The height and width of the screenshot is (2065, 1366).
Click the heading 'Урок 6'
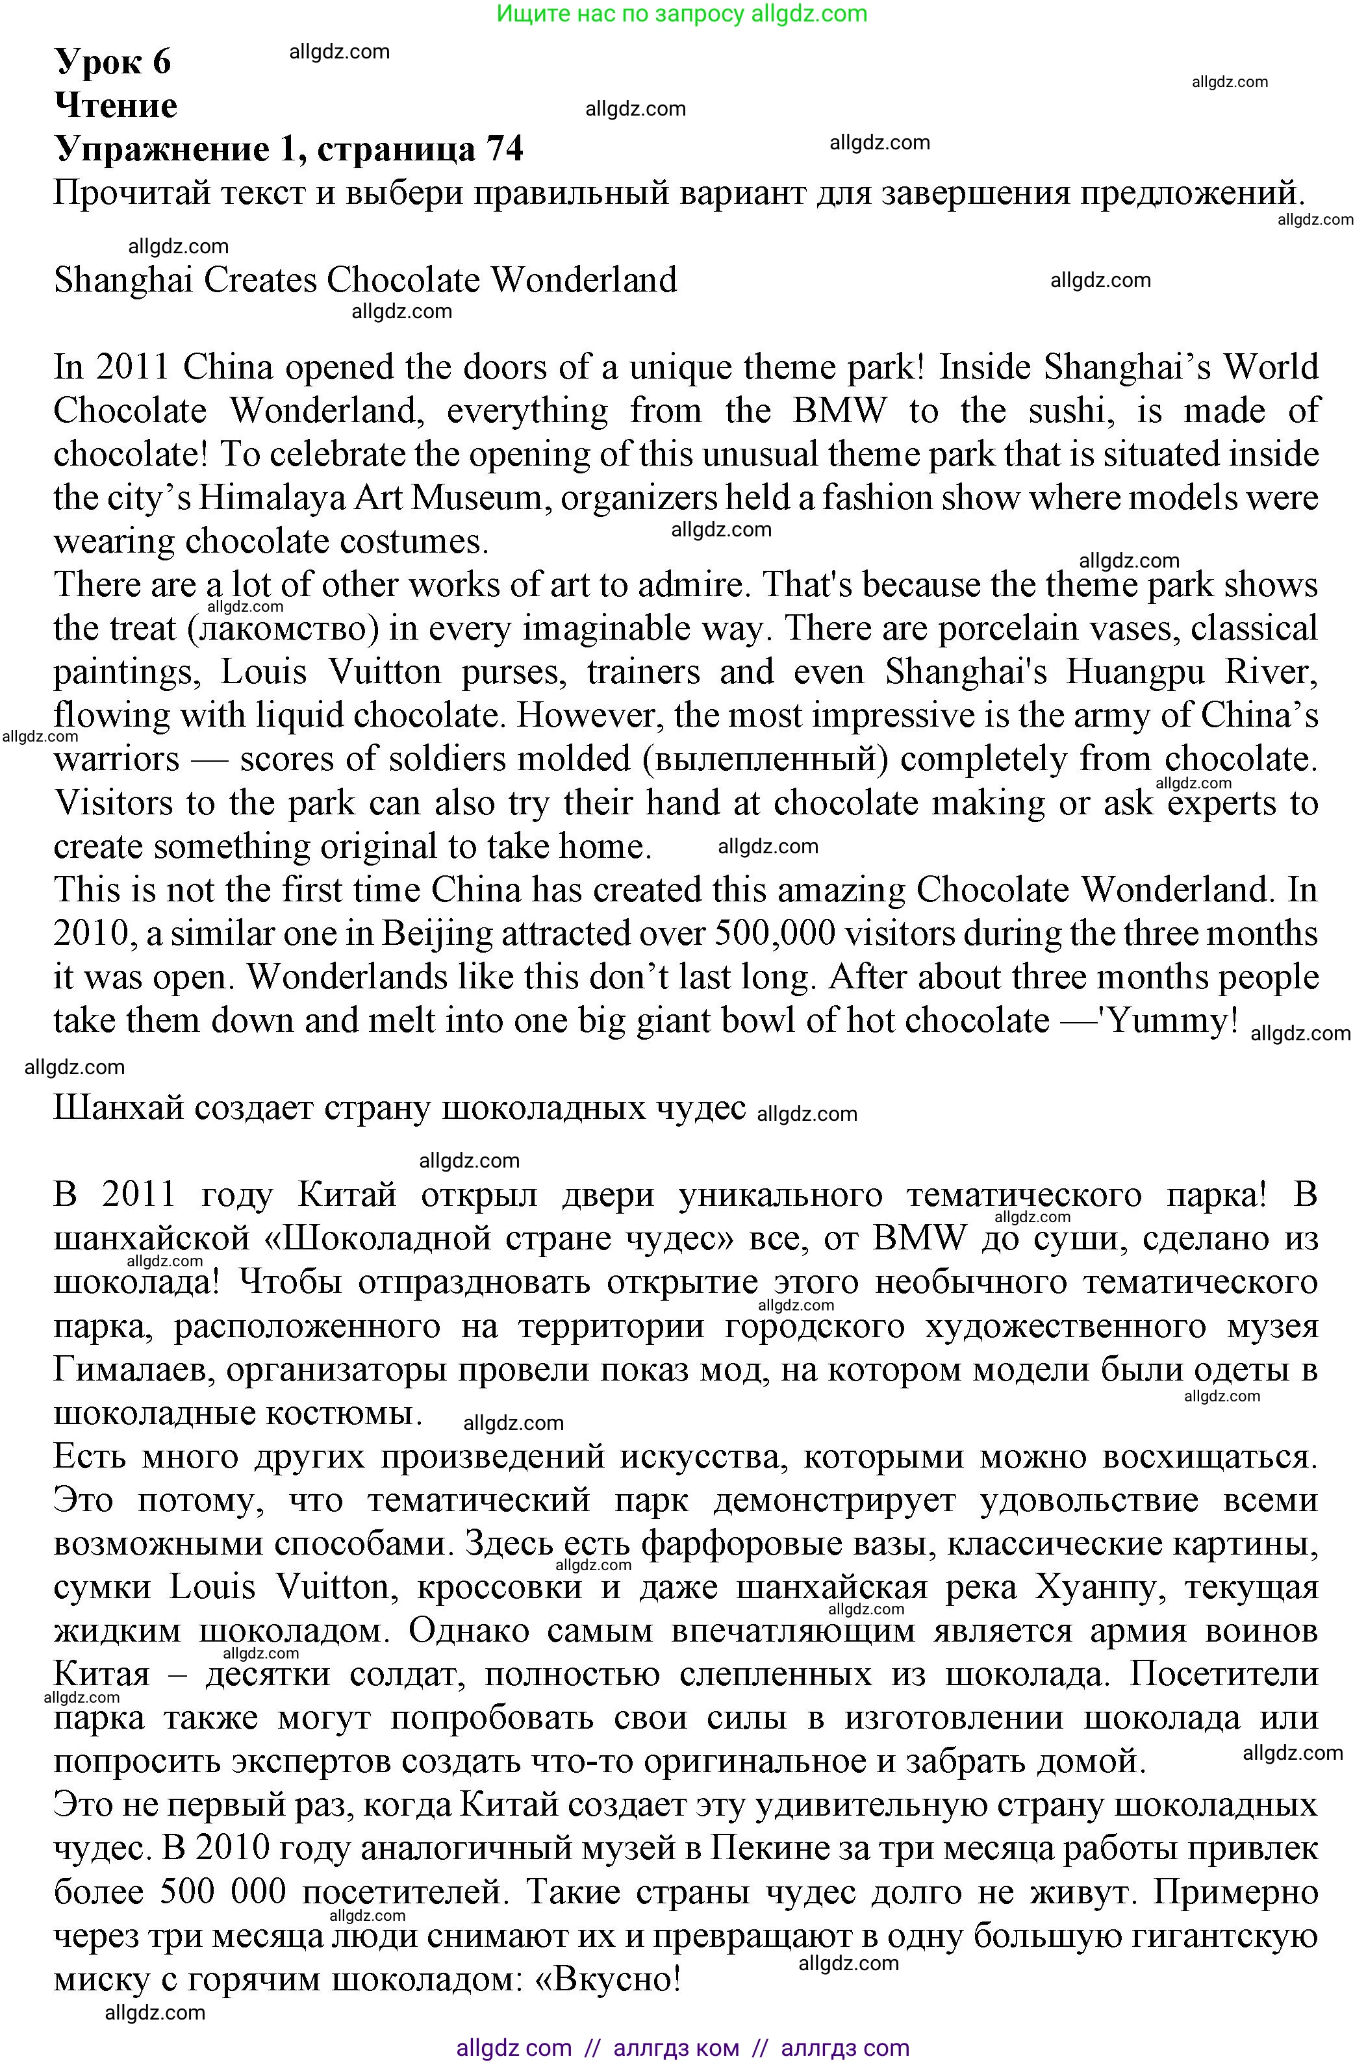(113, 62)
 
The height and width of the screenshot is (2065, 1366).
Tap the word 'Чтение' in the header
(116, 105)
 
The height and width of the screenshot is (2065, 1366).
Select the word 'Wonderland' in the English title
(584, 281)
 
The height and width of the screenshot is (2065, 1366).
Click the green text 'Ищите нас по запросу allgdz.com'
(682, 14)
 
